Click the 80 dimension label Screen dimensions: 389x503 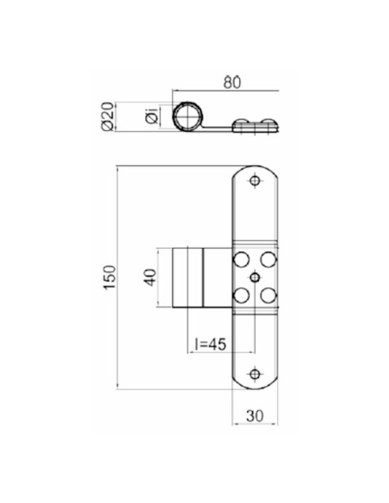pos(232,83)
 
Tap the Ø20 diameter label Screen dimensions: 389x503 pos(108,116)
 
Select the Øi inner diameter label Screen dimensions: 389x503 pos(151,115)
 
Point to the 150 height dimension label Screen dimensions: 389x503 pos(109,276)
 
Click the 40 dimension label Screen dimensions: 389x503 pos(150,277)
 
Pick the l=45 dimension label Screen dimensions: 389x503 pos(210,345)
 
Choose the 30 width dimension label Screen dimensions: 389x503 pos(255,416)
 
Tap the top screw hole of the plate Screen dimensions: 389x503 pos(255,181)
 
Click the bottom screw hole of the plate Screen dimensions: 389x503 pos(255,374)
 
